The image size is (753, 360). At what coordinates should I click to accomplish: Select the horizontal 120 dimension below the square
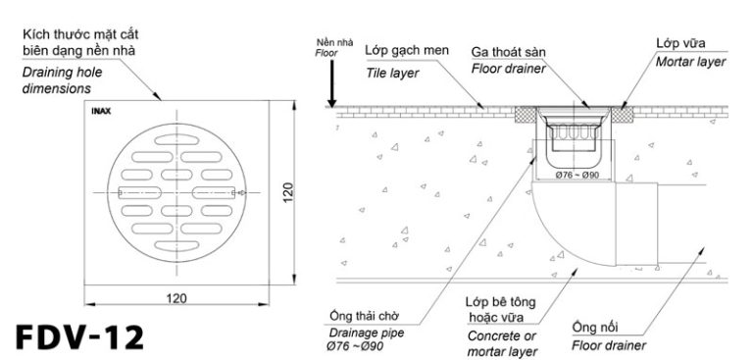click(176, 296)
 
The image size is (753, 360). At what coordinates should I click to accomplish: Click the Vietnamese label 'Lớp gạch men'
click(399, 50)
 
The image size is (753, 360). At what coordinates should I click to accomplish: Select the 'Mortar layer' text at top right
click(690, 62)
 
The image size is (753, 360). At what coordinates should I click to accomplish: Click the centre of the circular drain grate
click(176, 190)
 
